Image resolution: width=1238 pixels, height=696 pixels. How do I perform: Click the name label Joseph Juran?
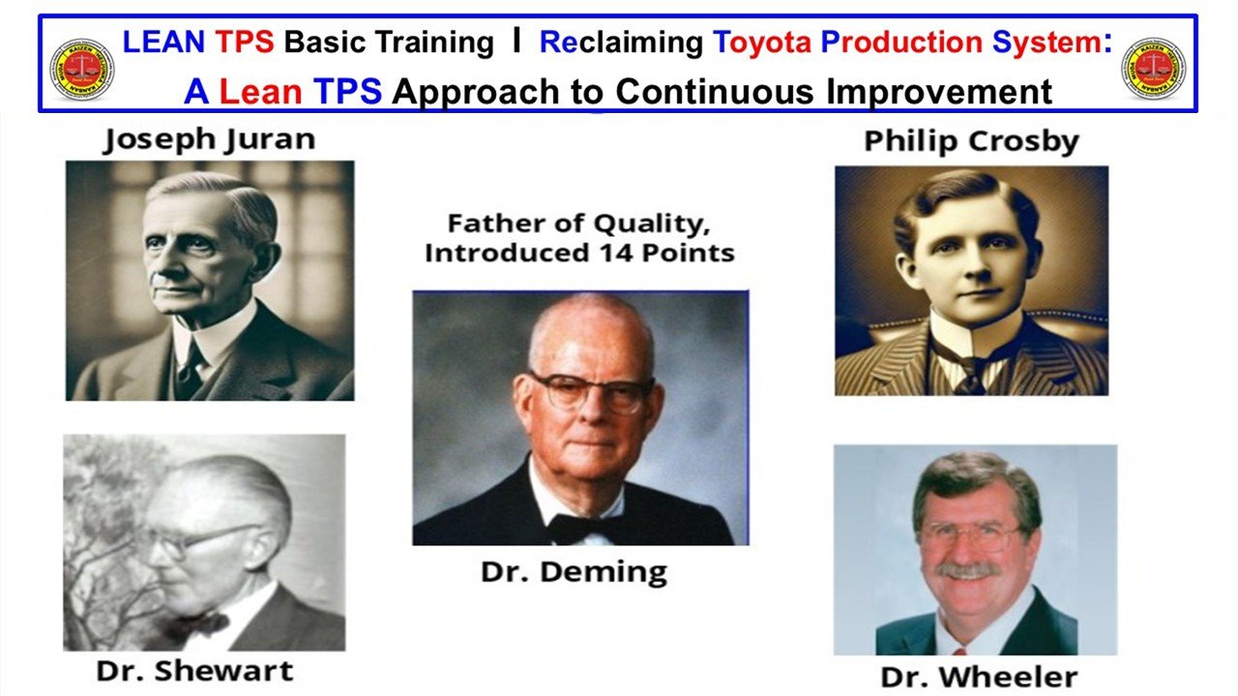(x=209, y=139)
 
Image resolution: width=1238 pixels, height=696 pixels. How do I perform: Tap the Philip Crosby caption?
(x=971, y=141)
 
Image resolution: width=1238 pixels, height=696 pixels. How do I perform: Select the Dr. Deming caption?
(x=574, y=570)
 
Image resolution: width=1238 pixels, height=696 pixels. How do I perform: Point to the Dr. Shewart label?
(x=194, y=670)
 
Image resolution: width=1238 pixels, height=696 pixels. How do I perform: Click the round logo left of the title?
(x=82, y=69)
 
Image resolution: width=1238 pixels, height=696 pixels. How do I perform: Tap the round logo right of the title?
(x=1153, y=69)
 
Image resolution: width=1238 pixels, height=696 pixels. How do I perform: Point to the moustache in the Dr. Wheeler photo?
(x=968, y=570)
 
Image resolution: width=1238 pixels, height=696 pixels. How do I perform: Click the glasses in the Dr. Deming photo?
(x=589, y=391)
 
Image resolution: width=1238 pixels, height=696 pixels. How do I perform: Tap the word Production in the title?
(x=916, y=43)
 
